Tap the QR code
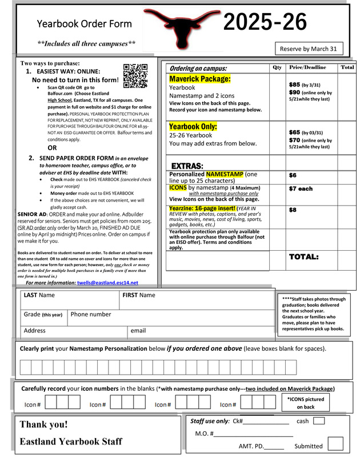click(x=135, y=76)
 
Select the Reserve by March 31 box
click(x=309, y=49)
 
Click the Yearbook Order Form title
click(x=84, y=24)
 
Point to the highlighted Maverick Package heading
click(x=200, y=78)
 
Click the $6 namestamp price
click(x=293, y=175)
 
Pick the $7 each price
click(x=301, y=189)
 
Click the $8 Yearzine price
click(x=293, y=210)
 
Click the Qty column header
click(x=277, y=67)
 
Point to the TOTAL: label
click(x=303, y=257)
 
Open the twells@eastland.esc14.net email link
click(x=107, y=282)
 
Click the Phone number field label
click(x=91, y=314)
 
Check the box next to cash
click(x=319, y=421)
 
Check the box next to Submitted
click(x=335, y=443)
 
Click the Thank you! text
click(x=43, y=424)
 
